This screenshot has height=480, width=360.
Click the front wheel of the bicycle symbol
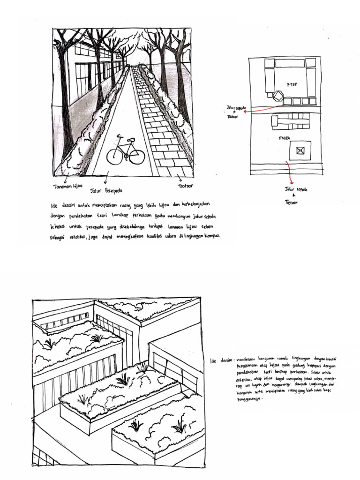point(136,157)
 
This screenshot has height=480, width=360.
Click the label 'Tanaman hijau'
point(67,187)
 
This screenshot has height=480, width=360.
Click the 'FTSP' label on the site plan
point(292,85)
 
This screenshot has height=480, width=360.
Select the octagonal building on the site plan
point(278,96)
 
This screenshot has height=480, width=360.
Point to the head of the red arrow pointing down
point(292,183)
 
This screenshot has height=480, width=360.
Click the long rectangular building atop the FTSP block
point(290,63)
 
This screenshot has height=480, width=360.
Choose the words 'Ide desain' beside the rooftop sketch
point(221,360)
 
